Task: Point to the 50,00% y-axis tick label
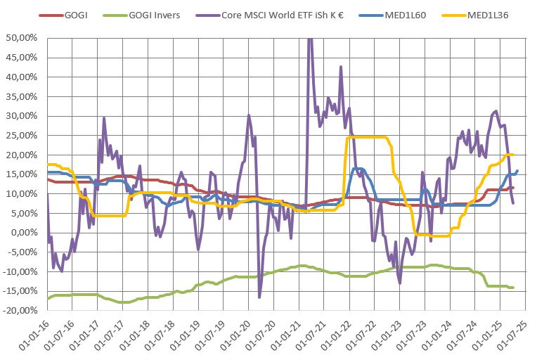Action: (22, 39)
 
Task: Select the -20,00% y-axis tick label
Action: (21, 310)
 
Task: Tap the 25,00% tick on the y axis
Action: (22, 136)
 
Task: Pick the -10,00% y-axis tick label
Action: (21, 271)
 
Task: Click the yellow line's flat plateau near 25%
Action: (369, 136)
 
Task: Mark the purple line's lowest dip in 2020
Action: (259, 297)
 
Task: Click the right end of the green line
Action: (512, 287)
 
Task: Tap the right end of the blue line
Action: (518, 170)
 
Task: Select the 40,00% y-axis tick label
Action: (22, 77)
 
